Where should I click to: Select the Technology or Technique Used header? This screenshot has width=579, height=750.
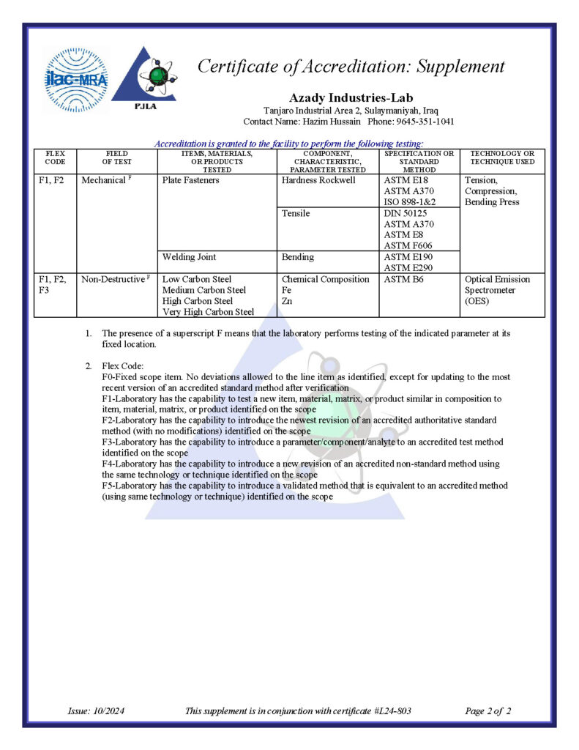[502, 157]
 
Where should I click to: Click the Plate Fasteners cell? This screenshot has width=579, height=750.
[190, 180]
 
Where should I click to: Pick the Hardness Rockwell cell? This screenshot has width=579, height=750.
[318, 180]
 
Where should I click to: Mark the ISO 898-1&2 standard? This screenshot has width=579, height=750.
[414, 201]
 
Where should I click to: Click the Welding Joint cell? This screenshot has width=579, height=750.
[189, 257]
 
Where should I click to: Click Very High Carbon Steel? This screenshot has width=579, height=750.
[208, 312]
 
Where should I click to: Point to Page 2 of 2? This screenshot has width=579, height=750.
[488, 710]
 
